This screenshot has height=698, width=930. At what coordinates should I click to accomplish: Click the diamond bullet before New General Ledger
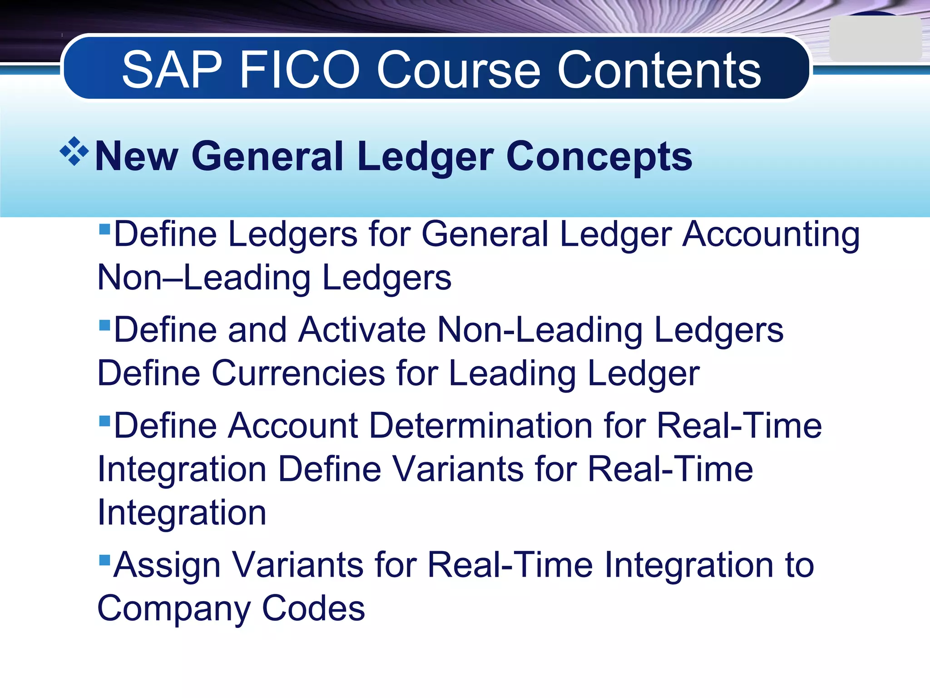74,151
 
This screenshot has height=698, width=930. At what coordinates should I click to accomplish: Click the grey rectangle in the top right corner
875,39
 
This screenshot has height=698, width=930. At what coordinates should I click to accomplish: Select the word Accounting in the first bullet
771,234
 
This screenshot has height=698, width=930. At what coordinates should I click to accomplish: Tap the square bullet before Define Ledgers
104,228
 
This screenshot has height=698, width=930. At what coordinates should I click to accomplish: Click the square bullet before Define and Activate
104,324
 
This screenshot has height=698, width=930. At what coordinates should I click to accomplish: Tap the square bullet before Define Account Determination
104,421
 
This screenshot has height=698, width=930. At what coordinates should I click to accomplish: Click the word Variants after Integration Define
458,469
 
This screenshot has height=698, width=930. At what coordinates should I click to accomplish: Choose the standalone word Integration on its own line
182,513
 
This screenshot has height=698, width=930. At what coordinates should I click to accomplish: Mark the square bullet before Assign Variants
104,559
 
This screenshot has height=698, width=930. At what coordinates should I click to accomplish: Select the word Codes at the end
313,608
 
